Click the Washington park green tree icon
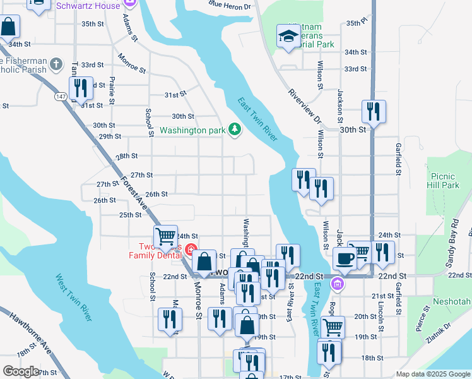235,130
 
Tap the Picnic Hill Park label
442,181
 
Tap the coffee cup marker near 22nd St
345,258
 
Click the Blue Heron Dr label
229,6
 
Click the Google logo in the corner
21,371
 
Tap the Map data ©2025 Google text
432,374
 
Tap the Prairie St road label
112,90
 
